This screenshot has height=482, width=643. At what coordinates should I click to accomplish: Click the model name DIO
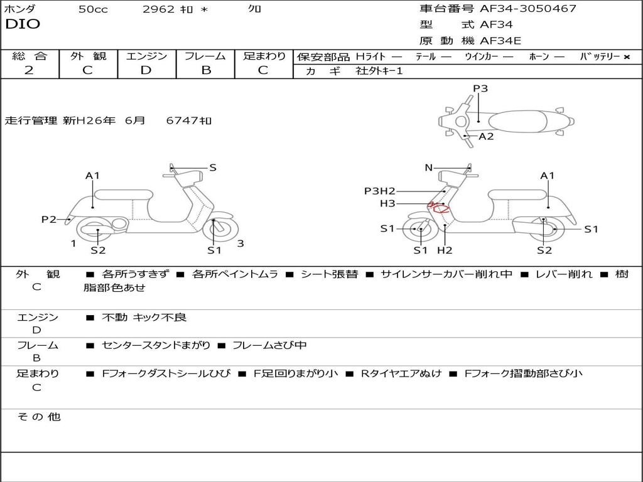(23, 24)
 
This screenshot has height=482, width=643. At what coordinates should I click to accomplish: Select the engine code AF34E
(500, 41)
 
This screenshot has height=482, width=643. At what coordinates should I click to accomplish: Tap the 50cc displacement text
(93, 9)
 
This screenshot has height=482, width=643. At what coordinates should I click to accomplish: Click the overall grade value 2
(29, 70)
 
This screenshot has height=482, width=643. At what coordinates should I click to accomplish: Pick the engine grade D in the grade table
(146, 70)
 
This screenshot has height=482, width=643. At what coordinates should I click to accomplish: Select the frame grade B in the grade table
(205, 70)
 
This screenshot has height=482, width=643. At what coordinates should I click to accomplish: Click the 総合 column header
(29, 56)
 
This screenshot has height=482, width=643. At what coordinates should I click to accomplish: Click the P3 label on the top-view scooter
(480, 88)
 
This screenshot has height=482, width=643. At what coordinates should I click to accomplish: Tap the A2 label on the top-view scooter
(486, 136)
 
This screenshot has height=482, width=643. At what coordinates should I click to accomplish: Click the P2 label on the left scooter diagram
(49, 219)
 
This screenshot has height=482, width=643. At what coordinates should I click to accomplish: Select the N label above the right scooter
(429, 168)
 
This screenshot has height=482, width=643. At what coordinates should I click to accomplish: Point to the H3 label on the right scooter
(387, 203)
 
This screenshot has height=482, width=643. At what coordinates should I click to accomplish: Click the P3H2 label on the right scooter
(380, 191)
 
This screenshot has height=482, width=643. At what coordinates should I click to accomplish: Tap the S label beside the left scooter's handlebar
(213, 168)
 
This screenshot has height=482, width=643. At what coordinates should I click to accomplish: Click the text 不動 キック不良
(144, 318)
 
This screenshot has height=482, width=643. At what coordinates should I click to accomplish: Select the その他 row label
(38, 417)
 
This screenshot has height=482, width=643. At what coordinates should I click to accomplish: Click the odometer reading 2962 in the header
(159, 9)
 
